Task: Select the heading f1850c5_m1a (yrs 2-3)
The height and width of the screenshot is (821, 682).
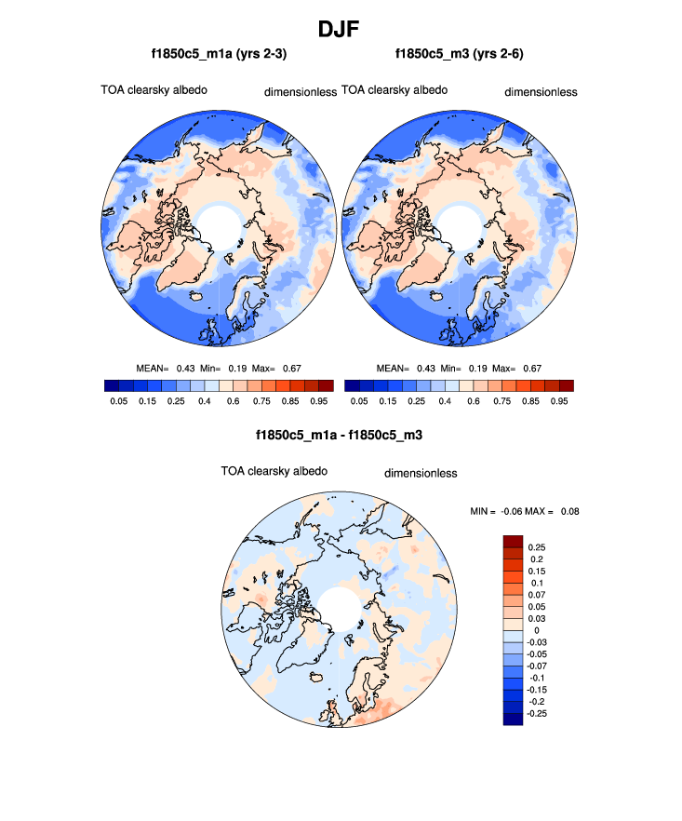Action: click(219, 55)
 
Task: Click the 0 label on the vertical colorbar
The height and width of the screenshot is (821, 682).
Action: click(536, 630)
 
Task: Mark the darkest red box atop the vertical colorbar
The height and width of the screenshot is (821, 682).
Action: click(514, 542)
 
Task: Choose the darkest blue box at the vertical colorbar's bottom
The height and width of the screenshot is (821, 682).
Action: click(514, 718)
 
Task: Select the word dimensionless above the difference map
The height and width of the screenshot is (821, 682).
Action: click(421, 473)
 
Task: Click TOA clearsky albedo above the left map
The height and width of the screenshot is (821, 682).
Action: click(154, 90)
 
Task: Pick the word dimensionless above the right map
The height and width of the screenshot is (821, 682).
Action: click(541, 92)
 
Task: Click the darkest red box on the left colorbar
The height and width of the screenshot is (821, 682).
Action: click(326, 385)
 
